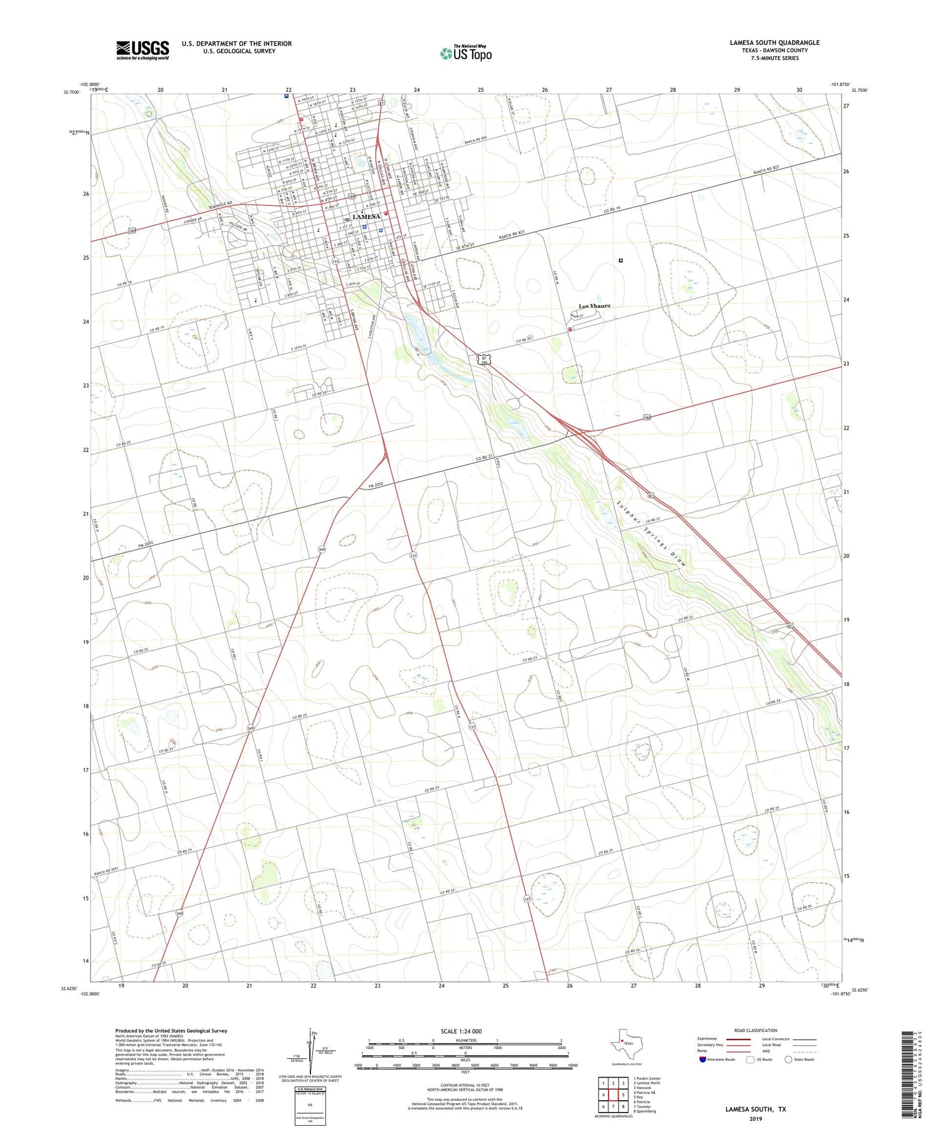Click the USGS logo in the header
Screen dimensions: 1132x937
[x=142, y=50]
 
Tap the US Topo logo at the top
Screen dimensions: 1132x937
[x=465, y=53]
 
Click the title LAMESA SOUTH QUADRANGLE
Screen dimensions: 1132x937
[x=774, y=42]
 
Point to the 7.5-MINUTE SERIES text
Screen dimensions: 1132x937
[x=775, y=58]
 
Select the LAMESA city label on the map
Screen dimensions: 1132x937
[x=366, y=217]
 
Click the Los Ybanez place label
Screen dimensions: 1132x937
[x=594, y=306]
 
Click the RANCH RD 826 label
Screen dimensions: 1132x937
[x=475, y=142]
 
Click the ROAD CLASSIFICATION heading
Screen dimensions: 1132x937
[x=755, y=1030]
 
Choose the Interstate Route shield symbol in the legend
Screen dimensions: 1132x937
[x=703, y=1059]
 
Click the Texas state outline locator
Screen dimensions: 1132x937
[x=623, y=1043]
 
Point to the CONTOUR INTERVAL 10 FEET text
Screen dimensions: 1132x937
[x=465, y=1085]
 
